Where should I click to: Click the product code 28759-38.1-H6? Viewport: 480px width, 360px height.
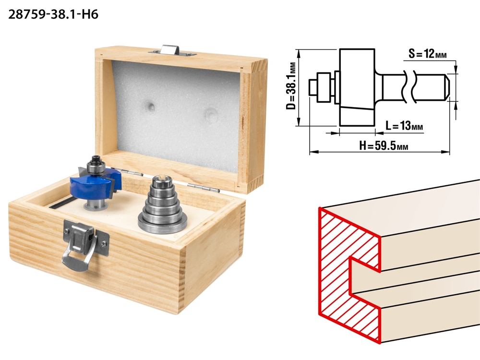click(x=53, y=14)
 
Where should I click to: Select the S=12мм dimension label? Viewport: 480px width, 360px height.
click(x=427, y=54)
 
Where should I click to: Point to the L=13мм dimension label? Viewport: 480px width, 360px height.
click(x=404, y=125)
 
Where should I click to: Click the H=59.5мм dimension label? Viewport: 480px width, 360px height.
click(x=384, y=146)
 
